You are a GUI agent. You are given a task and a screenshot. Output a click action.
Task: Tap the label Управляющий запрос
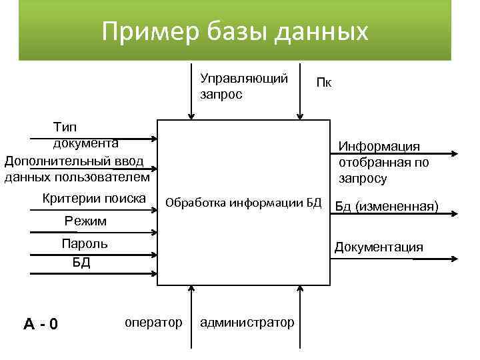[x=243, y=87]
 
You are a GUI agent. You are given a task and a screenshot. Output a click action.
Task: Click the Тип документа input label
[x=85, y=133]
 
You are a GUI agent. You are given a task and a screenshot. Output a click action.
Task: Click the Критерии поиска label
[x=94, y=198]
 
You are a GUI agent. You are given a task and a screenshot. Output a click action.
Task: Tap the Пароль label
[x=84, y=243]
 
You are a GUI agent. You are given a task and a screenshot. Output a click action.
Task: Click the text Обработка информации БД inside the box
[x=243, y=203]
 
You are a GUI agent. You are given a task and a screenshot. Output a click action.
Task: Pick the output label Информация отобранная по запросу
[x=383, y=163]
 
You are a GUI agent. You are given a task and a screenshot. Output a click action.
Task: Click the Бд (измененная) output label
[x=387, y=206]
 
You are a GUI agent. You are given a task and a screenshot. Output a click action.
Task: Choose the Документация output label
[x=379, y=247]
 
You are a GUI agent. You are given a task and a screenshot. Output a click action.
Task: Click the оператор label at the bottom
[x=153, y=323]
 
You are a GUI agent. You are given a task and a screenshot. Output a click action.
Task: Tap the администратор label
[x=247, y=323]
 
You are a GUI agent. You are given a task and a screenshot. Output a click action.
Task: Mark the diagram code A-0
[x=41, y=325]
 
